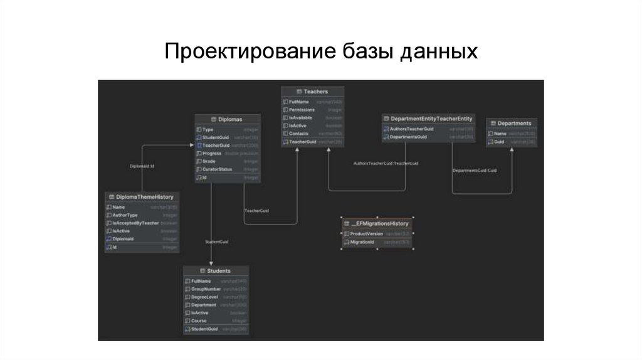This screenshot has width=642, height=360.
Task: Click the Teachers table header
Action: click(x=312, y=92)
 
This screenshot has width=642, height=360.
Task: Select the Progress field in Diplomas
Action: click(x=213, y=154)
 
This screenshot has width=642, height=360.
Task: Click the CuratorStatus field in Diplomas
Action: click(x=218, y=169)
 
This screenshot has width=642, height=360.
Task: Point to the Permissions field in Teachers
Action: click(x=302, y=110)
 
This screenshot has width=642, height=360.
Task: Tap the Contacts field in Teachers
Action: click(x=298, y=134)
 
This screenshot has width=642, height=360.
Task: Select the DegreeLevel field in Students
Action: click(x=204, y=297)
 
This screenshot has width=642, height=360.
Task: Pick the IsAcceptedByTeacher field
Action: click(x=135, y=223)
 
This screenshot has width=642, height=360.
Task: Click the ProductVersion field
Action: click(x=366, y=234)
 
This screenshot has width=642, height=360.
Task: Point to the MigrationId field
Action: click(x=362, y=242)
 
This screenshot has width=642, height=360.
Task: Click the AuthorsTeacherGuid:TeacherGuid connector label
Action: click(x=386, y=163)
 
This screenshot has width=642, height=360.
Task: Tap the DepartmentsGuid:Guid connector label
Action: click(x=475, y=171)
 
